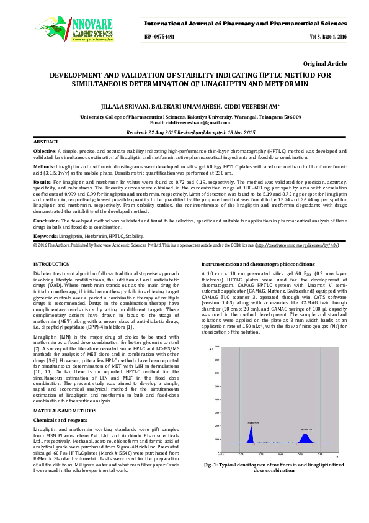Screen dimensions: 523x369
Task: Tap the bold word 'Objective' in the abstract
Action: click(x=44, y=151)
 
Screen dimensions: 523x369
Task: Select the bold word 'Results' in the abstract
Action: click(x=42, y=181)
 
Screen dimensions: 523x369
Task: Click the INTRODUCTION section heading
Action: click(x=51, y=265)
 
